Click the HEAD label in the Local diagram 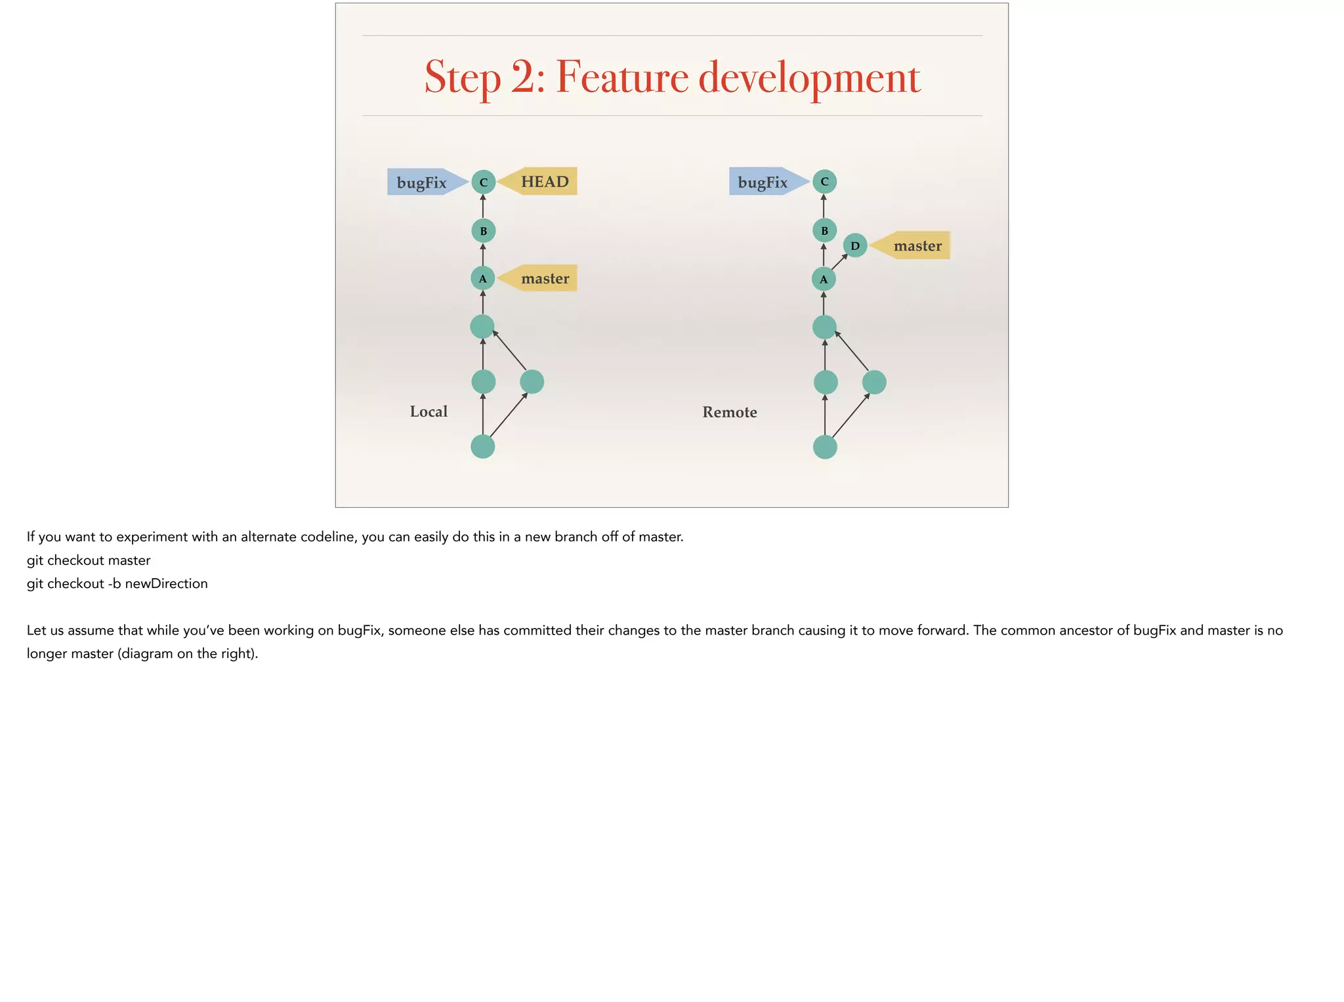(543, 182)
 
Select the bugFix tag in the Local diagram (421, 182)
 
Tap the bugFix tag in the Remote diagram (763, 182)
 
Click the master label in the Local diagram (544, 278)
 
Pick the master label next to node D (917, 246)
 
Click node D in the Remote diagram (855, 246)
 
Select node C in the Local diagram (484, 182)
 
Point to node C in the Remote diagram (825, 182)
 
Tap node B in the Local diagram (484, 231)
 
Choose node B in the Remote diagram (825, 231)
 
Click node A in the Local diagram (483, 279)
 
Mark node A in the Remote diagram (824, 280)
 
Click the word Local (429, 411)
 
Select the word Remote (730, 412)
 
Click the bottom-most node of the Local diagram (483, 447)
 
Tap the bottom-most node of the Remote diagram (825, 448)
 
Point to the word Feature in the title (622, 77)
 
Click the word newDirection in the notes (166, 583)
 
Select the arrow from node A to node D (839, 262)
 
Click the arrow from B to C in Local (484, 207)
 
